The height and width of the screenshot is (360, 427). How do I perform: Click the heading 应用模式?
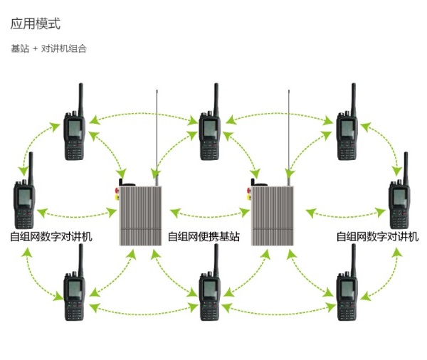(x=36, y=23)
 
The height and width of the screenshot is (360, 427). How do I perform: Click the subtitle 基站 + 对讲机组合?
(x=48, y=49)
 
